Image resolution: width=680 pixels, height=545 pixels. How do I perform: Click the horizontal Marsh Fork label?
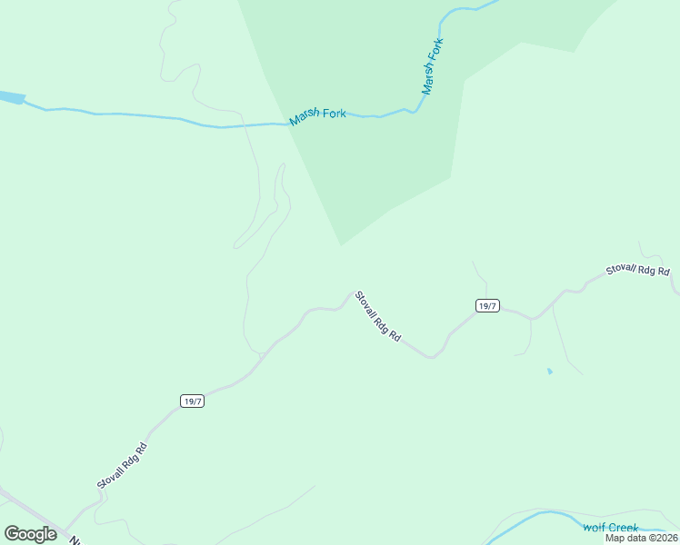(x=317, y=116)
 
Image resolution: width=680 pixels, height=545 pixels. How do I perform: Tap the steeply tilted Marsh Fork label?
(x=433, y=66)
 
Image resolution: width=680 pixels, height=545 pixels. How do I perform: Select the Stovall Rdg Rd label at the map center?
(x=377, y=316)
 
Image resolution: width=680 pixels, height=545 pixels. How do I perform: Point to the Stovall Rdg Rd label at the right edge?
(x=638, y=271)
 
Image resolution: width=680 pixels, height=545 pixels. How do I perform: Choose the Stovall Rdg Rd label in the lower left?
(x=123, y=467)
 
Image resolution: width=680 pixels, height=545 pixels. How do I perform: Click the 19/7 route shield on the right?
(x=486, y=306)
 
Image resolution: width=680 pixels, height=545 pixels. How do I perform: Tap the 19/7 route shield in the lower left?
(x=191, y=401)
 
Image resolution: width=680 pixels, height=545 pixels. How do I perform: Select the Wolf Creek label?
(x=611, y=528)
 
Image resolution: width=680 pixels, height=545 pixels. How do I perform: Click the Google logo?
(x=30, y=534)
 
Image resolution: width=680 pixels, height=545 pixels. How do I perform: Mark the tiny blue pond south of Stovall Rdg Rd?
(x=549, y=372)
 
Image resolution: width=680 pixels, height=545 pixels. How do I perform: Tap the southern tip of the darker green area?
(x=341, y=243)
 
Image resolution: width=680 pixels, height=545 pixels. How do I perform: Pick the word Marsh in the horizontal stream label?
(x=304, y=118)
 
